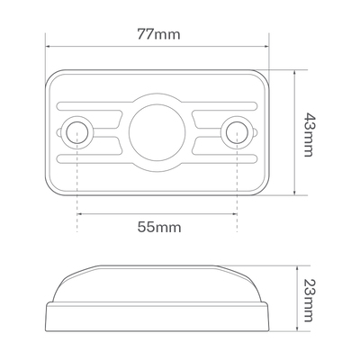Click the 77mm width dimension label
tap(158, 34)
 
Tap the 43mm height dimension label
tap(308, 135)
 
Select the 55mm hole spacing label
tap(159, 227)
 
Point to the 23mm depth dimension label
tap(308, 301)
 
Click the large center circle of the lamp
tap(157, 132)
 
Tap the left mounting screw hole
tap(77, 132)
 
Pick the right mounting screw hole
tap(237, 132)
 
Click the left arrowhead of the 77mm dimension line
tap(48, 46)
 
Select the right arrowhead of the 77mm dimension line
tap(266, 46)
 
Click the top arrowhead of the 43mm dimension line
tap(295, 73)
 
